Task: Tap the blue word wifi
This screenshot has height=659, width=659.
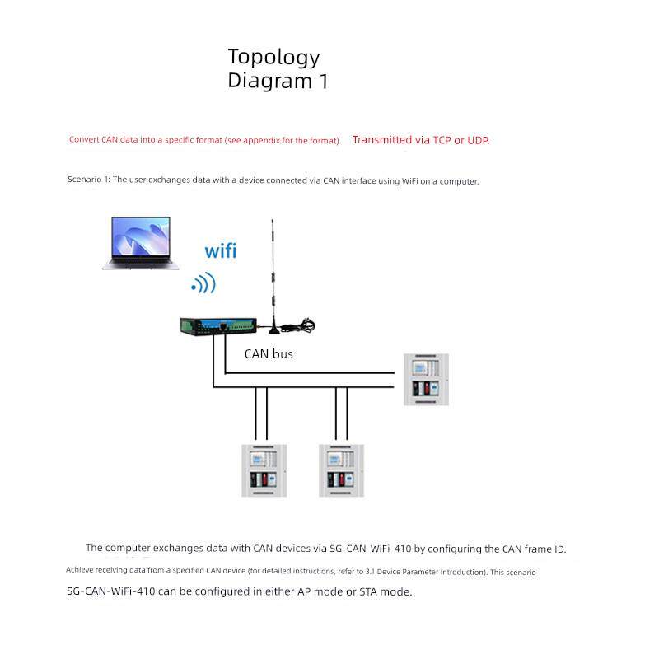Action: pyautogui.click(x=220, y=250)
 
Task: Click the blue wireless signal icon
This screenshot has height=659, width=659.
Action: pyautogui.click(x=203, y=284)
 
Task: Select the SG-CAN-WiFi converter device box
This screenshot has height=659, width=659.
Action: pyautogui.click(x=219, y=326)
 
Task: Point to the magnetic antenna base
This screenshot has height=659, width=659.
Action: pyautogui.click(x=280, y=329)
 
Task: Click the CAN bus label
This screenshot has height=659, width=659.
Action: pyautogui.click(x=269, y=354)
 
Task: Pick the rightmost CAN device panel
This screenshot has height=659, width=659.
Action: pyautogui.click(x=426, y=380)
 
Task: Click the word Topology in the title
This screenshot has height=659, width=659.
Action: pyautogui.click(x=273, y=58)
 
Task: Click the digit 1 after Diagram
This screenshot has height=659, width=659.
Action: pyautogui.click(x=323, y=82)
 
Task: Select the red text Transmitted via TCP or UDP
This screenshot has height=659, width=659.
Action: pyautogui.click(x=421, y=140)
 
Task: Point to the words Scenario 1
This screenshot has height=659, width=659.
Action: pyautogui.click(x=88, y=180)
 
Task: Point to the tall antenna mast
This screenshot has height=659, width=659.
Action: pyautogui.click(x=273, y=272)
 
